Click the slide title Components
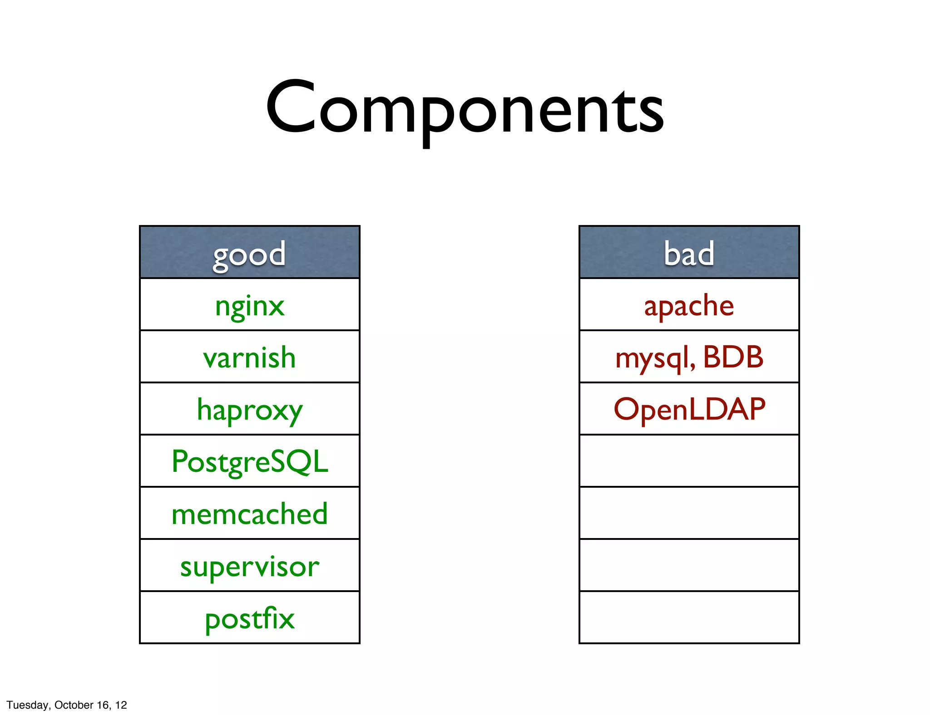(x=465, y=109)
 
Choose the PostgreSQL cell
(x=249, y=461)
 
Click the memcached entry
(x=249, y=514)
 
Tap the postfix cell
(x=249, y=618)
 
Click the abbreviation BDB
(x=733, y=357)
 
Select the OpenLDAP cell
(x=689, y=409)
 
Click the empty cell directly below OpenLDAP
(x=689, y=461)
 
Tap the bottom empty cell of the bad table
(x=689, y=617)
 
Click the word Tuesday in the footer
(x=27, y=705)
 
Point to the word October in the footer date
(x=74, y=705)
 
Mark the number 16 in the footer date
(x=103, y=705)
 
